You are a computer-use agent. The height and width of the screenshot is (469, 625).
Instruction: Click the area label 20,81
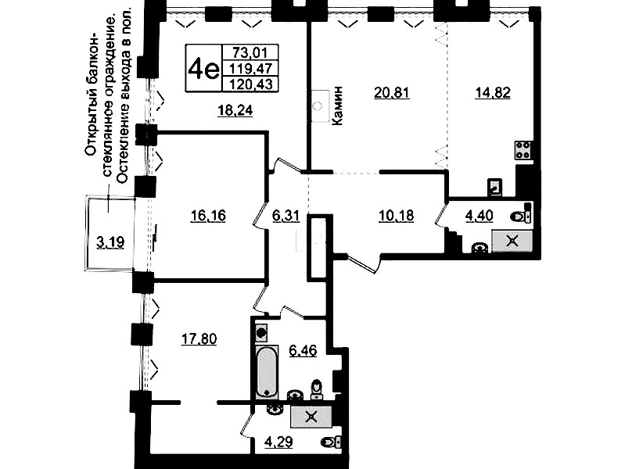pyautogui.click(x=392, y=93)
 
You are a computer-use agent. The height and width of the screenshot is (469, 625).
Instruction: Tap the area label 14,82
pyautogui.click(x=493, y=93)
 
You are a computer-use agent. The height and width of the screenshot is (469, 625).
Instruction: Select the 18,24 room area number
pyautogui.click(x=235, y=110)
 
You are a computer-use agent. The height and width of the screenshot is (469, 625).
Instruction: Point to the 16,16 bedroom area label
pyautogui.click(x=208, y=216)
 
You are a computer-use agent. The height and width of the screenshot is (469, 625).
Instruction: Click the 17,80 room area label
pyautogui.click(x=199, y=339)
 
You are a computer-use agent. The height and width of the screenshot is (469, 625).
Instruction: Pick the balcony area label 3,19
pyautogui.click(x=110, y=242)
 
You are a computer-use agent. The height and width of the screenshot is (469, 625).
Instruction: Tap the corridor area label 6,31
pyautogui.click(x=286, y=216)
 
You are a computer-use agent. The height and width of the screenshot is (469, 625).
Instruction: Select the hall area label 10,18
pyautogui.click(x=396, y=216)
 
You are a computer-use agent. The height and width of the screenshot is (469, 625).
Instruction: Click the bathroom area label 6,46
pyautogui.click(x=303, y=351)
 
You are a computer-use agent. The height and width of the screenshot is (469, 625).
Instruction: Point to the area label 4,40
pyautogui.click(x=479, y=216)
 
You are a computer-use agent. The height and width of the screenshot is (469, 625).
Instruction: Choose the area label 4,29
pyautogui.click(x=279, y=442)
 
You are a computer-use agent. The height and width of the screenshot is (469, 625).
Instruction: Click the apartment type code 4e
pyautogui.click(x=203, y=69)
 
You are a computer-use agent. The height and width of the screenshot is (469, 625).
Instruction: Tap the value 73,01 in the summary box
pyautogui.click(x=250, y=52)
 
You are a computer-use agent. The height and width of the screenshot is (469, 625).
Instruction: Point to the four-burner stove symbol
pyautogui.click(x=523, y=150)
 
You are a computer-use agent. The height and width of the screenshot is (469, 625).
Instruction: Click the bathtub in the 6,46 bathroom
pyautogui.click(x=267, y=371)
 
